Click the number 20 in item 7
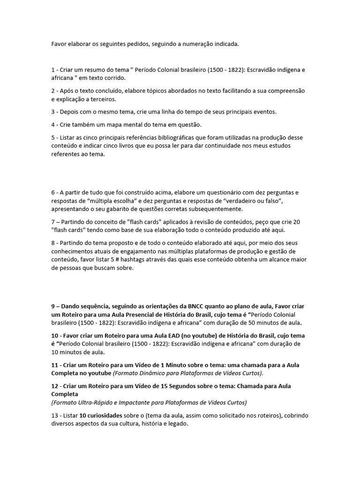tap(296, 222)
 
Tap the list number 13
tap(54, 415)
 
